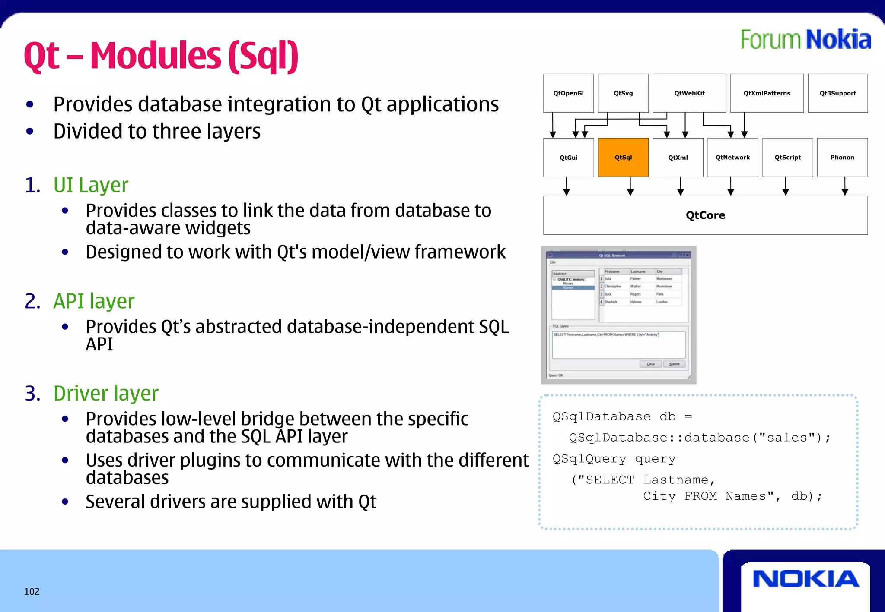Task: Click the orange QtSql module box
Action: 623,158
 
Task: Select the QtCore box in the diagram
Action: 705,215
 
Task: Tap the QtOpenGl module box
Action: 568,93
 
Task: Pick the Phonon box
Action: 842,158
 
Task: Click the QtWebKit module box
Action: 689,93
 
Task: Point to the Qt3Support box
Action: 837,93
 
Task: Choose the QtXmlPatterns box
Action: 767,93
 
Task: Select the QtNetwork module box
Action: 732,158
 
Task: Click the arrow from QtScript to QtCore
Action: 786,186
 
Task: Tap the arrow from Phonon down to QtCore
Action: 845,186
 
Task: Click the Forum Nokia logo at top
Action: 805,39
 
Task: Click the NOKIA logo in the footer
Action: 806,579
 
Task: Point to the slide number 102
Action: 32,591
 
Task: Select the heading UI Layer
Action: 91,185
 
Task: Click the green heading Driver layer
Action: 106,393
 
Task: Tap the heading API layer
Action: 94,301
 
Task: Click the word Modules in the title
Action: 156,56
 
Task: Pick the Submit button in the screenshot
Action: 674,364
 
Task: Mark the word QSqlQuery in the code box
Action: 589,459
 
